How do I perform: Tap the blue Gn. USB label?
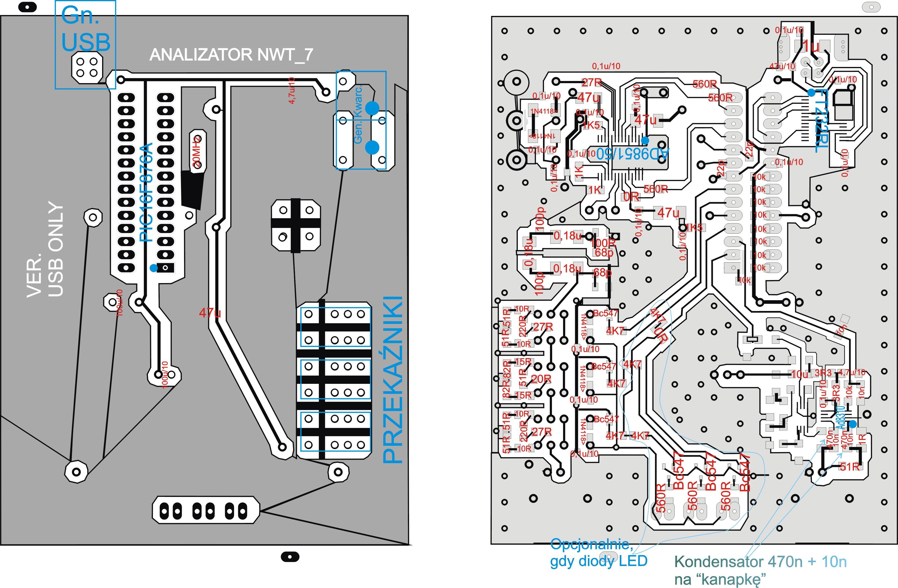pyautogui.click(x=86, y=32)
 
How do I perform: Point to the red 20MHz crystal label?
pyautogui.click(x=197, y=151)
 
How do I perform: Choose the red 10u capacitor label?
pyautogui.click(x=799, y=374)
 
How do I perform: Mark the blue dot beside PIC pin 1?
pyautogui.click(x=153, y=268)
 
